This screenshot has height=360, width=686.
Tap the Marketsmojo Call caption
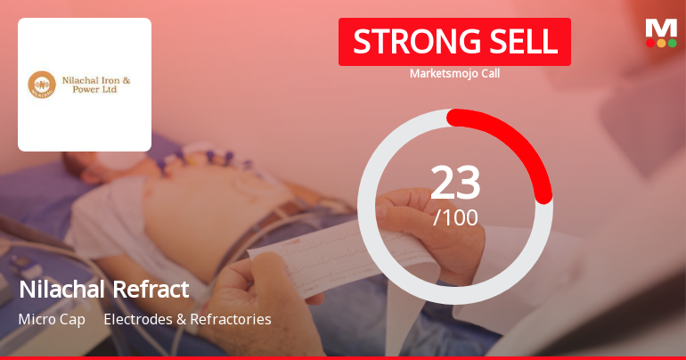(x=454, y=73)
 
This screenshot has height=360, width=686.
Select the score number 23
(x=455, y=183)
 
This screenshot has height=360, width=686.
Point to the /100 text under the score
(x=455, y=217)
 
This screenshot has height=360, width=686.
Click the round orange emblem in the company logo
(x=42, y=85)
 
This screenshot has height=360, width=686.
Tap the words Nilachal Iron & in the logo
(x=95, y=79)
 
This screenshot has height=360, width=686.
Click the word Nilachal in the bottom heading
(x=61, y=289)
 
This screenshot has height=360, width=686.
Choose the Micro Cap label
(x=52, y=319)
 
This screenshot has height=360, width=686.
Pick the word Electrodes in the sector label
(x=135, y=319)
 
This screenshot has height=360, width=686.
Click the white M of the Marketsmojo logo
(x=661, y=28)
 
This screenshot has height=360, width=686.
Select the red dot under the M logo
(x=650, y=42)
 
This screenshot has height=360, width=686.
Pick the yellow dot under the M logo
(x=661, y=42)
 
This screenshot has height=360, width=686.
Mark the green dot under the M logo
(x=672, y=42)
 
